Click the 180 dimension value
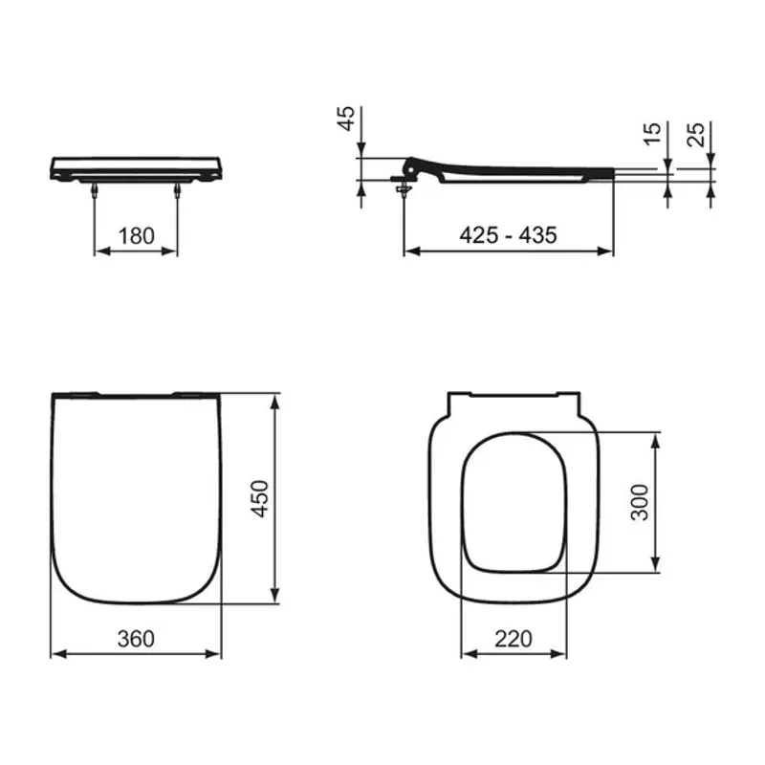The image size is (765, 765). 136,235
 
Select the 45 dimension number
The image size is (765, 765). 347,118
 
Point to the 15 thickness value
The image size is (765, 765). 652,132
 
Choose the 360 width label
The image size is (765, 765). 136,639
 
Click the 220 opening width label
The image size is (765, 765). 514,639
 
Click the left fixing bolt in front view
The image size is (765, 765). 95,190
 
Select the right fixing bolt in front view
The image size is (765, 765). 178,190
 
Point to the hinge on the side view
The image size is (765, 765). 406,178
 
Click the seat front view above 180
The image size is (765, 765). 136,167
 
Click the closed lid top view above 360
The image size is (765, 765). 136,497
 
